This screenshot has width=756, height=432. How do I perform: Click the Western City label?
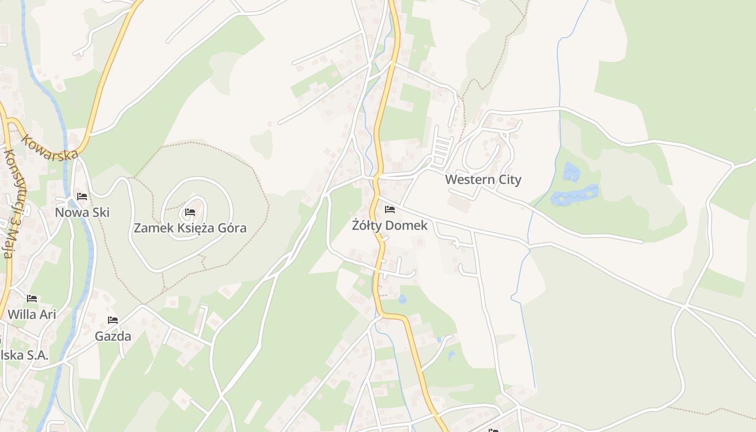483,180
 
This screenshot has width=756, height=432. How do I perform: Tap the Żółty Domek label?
389,226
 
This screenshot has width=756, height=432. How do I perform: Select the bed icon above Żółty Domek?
390,210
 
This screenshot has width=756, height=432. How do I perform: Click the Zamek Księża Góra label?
190,228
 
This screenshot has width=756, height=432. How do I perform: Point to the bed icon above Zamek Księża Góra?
190,212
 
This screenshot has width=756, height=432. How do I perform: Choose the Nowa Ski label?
82,212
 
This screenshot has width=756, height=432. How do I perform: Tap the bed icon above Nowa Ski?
82,196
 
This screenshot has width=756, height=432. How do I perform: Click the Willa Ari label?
32,314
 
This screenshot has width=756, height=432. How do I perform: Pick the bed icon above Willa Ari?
32,298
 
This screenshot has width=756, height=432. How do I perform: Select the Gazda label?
113,336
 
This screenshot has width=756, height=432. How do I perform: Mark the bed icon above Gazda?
113,320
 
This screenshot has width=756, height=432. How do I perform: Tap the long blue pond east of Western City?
575,195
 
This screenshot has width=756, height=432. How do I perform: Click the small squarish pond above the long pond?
571,172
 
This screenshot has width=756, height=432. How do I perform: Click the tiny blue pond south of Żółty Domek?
402,299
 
